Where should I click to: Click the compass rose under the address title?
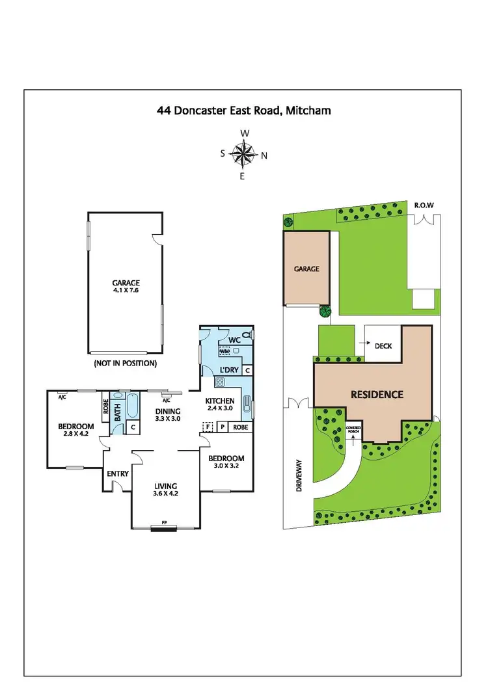pos(243,155)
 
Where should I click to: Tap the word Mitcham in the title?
pos(308,111)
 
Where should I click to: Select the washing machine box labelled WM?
pos(224,351)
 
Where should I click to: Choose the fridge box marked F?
pos(208,427)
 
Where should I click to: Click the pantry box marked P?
pos(222,427)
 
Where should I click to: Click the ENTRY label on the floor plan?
pos(118,473)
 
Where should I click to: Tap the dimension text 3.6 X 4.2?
pos(166,494)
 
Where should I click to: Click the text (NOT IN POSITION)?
pos(125,363)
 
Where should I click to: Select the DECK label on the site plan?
pos(383,346)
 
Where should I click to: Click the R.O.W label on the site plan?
pos(424,206)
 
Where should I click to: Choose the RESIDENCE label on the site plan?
pos(377,394)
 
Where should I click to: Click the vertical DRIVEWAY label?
pos(300,475)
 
